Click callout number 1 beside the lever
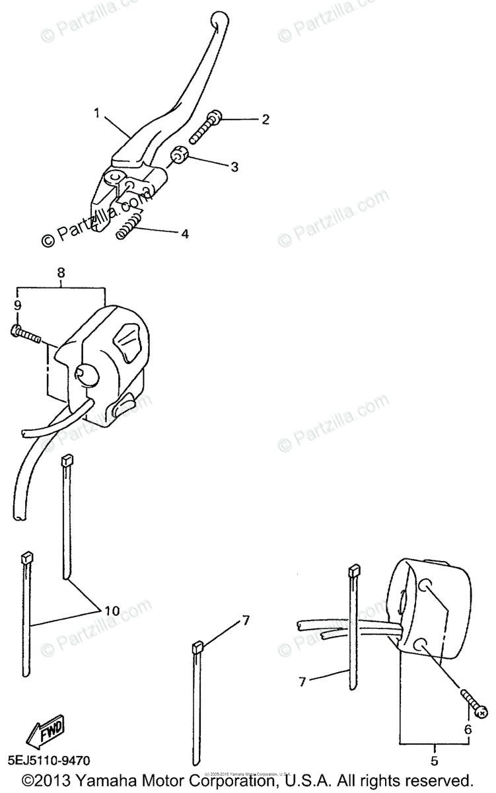pos(97,113)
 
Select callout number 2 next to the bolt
pos(247,120)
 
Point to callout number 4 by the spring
pos(185,234)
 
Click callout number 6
pos(468,730)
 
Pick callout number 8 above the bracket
pos(61,271)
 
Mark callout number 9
pos(17,305)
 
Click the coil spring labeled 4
pos(130,225)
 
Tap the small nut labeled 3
pos(180,156)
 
